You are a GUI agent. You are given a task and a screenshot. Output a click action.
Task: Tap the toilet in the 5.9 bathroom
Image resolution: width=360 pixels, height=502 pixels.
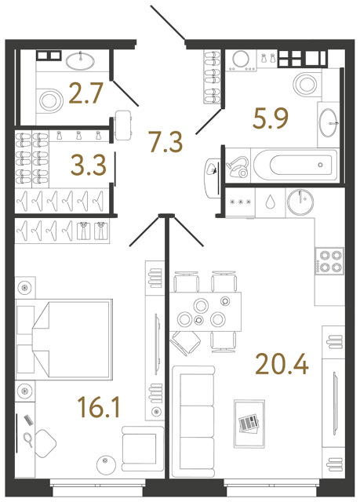304,83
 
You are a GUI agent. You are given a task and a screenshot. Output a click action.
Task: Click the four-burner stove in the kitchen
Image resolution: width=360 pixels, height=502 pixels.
328,261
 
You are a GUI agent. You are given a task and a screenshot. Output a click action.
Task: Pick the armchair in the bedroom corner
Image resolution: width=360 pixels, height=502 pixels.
140,447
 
